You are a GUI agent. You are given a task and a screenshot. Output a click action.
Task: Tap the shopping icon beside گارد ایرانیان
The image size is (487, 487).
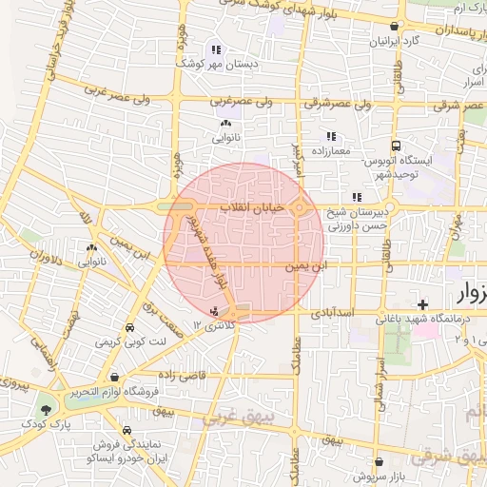pyautogui.click(x=394, y=28)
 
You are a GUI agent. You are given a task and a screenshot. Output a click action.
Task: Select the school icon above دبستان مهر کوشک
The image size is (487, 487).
pyautogui.click(x=216, y=49)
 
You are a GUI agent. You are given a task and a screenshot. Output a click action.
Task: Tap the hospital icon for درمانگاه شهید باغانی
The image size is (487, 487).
pyautogui.click(x=421, y=304)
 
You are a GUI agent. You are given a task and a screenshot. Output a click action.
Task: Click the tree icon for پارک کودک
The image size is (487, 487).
pyautogui.click(x=45, y=410)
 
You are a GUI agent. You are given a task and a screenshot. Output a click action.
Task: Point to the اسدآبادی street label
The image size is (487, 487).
pyautogui.click(x=332, y=311)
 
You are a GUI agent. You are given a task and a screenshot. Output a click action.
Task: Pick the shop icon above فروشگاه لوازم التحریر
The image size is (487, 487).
pyautogui.click(x=115, y=377)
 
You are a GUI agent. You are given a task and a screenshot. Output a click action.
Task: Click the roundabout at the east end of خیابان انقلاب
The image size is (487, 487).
pyautogui.click(x=301, y=206)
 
